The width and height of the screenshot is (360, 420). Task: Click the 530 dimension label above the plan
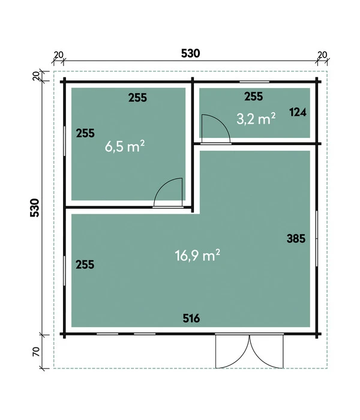[x=190, y=53]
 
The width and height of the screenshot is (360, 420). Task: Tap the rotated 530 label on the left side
[x=35, y=208]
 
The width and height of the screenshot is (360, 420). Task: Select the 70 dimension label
[x=36, y=352]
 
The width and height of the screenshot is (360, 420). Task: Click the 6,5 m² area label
[x=125, y=146]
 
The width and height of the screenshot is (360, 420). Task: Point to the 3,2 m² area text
[x=256, y=119]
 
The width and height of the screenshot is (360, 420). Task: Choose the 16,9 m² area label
[x=197, y=255]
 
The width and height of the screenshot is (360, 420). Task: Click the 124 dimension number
[x=298, y=112]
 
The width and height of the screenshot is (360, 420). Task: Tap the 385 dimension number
[x=296, y=238]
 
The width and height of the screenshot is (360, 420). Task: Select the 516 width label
[x=191, y=318]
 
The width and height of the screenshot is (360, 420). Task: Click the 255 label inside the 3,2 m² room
[x=254, y=97]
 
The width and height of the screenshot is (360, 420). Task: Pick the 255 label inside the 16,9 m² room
[x=85, y=265]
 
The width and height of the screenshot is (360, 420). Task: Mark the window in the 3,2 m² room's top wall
[x=254, y=82]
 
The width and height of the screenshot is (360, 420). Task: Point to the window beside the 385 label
[x=317, y=238]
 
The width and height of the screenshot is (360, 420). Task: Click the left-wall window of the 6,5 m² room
[x=65, y=141]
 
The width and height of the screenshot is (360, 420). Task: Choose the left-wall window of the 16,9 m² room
[x=65, y=271]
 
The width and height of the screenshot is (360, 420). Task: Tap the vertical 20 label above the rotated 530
[x=36, y=76]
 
